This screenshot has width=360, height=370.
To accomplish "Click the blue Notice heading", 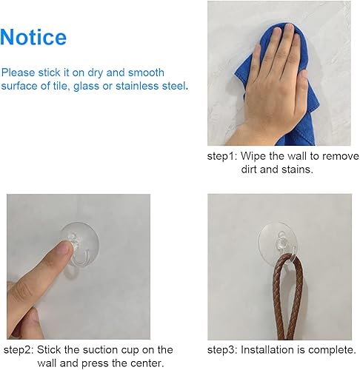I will [x=34, y=37].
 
